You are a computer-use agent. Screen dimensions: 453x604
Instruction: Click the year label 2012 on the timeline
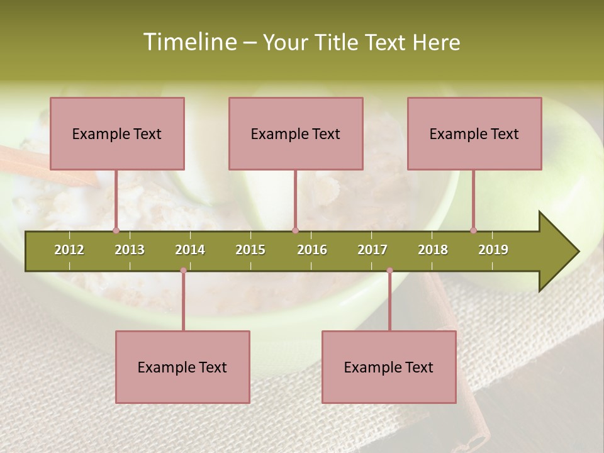pyautogui.click(x=69, y=250)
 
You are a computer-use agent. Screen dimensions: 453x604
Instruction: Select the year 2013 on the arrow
pyautogui.click(x=130, y=250)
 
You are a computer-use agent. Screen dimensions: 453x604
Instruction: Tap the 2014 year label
pyautogui.click(x=190, y=250)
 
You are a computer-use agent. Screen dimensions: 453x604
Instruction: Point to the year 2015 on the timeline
pyautogui.click(x=250, y=250)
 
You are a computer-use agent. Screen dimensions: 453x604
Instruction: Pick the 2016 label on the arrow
pyautogui.click(x=312, y=250)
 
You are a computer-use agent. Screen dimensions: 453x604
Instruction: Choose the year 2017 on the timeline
pyautogui.click(x=372, y=250)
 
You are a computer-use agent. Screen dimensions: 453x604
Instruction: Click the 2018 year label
pyautogui.click(x=433, y=250)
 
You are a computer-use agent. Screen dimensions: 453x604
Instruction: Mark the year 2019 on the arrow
pyautogui.click(x=493, y=250)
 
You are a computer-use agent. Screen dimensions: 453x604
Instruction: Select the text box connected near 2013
pyautogui.click(x=117, y=133)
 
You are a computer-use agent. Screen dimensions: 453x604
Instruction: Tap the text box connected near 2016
pyautogui.click(x=296, y=133)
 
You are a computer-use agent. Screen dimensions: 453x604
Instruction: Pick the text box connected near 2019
pyautogui.click(x=474, y=133)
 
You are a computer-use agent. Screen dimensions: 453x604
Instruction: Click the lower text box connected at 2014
pyautogui.click(x=182, y=367)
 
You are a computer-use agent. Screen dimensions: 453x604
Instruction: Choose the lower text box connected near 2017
pyautogui.click(x=389, y=367)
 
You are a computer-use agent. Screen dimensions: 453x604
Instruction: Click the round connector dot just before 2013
pyautogui.click(x=116, y=230)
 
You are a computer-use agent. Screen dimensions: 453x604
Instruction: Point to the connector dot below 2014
pyautogui.click(x=183, y=271)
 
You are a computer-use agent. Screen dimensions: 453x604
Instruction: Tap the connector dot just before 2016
pyautogui.click(x=295, y=230)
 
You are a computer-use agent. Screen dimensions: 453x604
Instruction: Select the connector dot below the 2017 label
pyautogui.click(x=389, y=271)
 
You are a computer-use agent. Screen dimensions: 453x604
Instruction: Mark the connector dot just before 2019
pyautogui.click(x=473, y=230)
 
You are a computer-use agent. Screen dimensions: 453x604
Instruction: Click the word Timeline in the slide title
pyautogui.click(x=189, y=42)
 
